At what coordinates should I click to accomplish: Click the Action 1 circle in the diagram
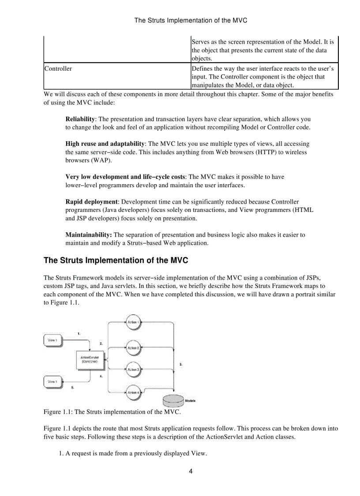click(133, 322)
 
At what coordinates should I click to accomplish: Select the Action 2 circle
click(133, 348)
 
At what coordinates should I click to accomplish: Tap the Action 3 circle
click(133, 369)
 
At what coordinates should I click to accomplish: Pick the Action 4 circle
click(133, 392)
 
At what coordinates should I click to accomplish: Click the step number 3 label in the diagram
click(181, 364)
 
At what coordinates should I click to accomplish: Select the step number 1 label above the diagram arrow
click(79, 333)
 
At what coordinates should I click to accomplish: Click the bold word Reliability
click(80, 119)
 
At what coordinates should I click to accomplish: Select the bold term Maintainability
click(88, 235)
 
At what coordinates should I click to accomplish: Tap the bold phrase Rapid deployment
click(91, 202)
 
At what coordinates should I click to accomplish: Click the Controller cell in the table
click(58, 69)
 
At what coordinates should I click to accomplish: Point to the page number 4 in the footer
click(191, 471)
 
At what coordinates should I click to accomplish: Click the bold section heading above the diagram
click(116, 261)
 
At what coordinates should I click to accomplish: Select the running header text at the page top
click(191, 20)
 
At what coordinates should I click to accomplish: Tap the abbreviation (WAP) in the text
click(101, 160)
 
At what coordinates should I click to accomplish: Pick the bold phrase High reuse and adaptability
click(105, 144)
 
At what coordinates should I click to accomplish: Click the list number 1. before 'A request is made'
click(61, 454)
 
